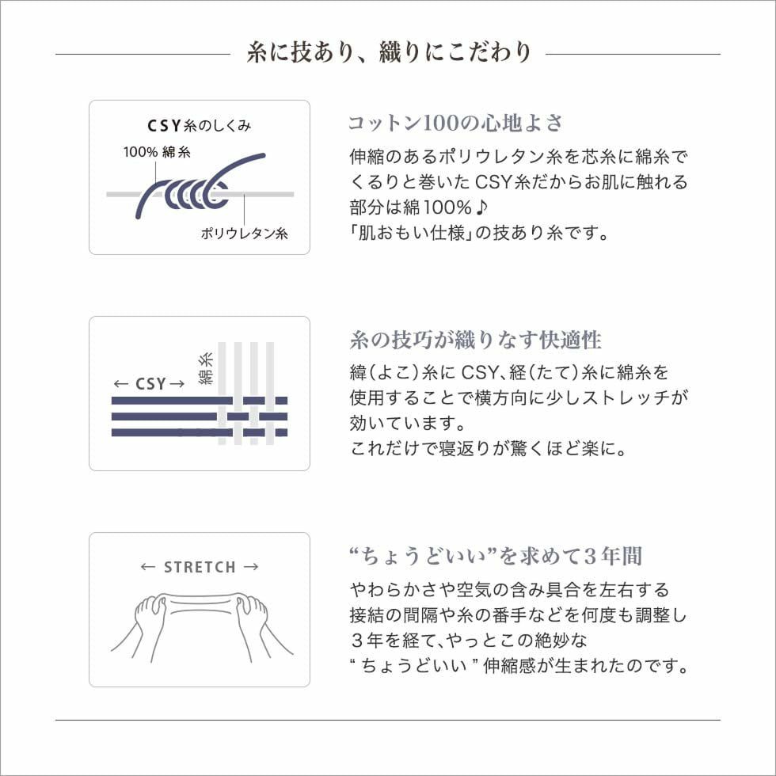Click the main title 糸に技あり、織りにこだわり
point(388,53)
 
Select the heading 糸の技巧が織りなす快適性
point(475,340)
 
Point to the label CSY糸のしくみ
point(200,126)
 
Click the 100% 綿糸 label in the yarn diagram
point(156,152)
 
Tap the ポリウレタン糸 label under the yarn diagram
point(244,234)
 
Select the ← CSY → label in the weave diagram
point(149,384)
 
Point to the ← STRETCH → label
point(200,567)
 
